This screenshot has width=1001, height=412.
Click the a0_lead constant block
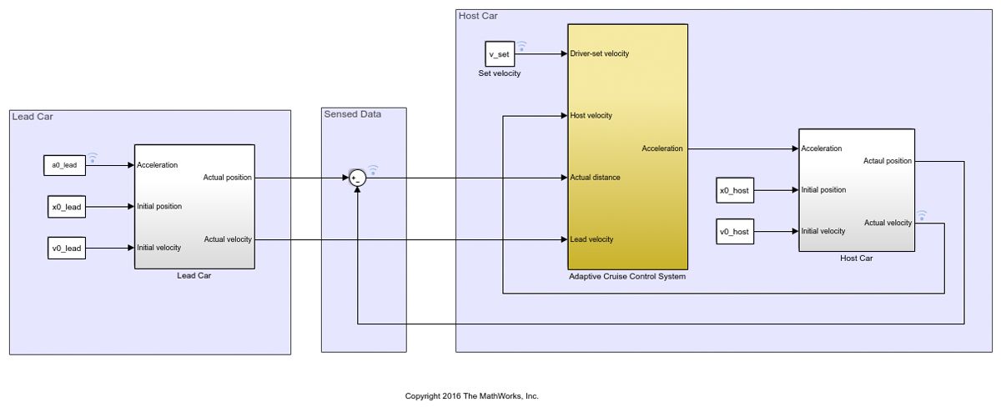click(x=64, y=165)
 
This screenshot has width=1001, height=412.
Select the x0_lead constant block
click(x=66, y=207)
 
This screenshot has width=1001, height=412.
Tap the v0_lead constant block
click(x=66, y=248)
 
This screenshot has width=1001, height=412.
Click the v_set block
click(x=500, y=54)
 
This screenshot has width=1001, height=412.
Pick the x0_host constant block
click(x=735, y=190)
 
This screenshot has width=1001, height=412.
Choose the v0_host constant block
click(x=735, y=231)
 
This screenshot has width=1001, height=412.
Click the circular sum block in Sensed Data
click(x=357, y=178)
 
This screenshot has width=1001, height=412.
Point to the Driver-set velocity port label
click(x=599, y=53)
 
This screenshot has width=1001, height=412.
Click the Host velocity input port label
click(x=591, y=115)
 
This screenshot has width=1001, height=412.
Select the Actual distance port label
click(x=595, y=178)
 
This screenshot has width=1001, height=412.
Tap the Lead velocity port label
click(x=591, y=239)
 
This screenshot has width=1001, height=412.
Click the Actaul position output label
click(x=888, y=161)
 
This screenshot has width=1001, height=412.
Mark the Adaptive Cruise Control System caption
click(x=626, y=277)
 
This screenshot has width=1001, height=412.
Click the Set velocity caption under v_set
click(x=499, y=73)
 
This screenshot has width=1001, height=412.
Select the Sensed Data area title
click(x=352, y=114)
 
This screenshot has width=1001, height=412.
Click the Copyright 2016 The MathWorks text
click(x=471, y=396)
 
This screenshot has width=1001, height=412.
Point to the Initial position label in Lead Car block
click(x=159, y=206)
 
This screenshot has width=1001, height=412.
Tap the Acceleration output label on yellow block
click(x=661, y=148)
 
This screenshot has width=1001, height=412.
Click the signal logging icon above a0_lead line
click(x=93, y=156)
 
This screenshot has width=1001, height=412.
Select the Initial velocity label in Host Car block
click(x=823, y=231)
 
